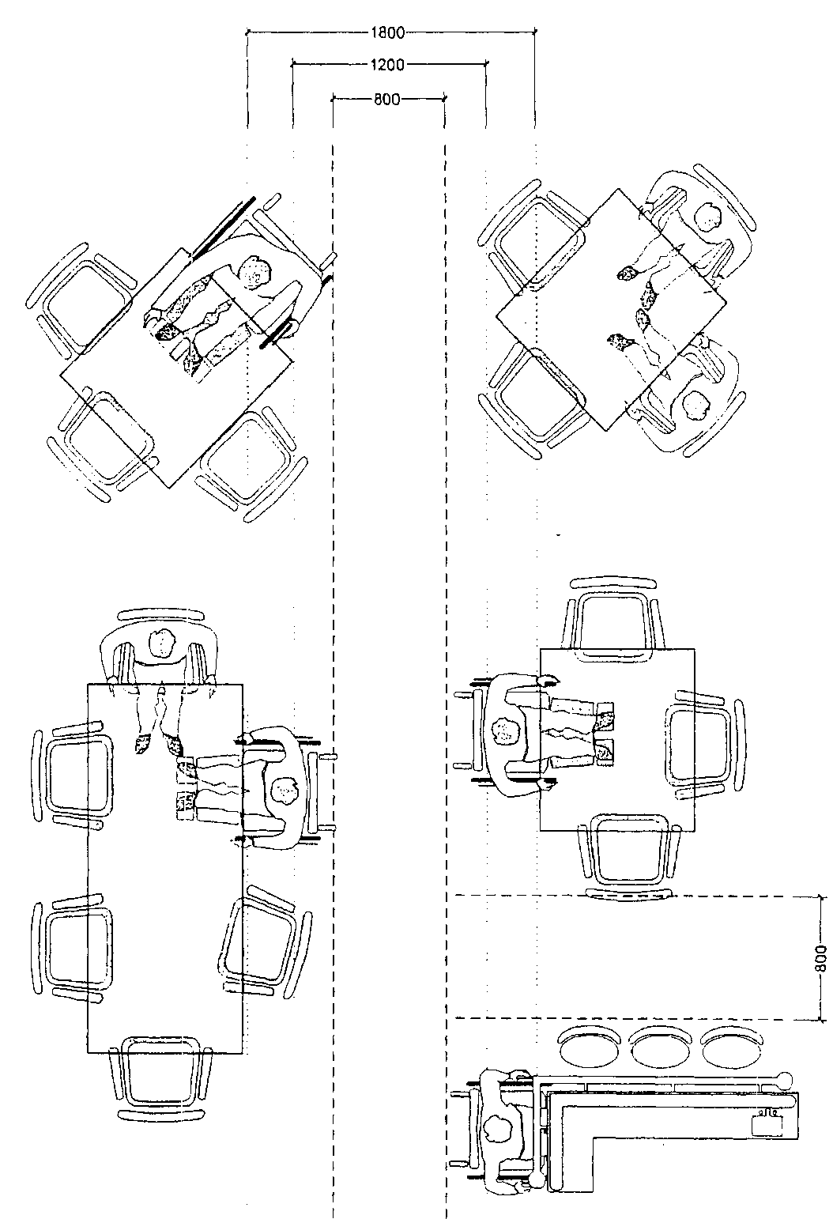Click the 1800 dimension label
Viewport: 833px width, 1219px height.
(388, 33)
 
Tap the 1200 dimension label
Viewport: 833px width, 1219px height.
(387, 66)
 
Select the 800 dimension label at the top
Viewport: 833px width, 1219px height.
(386, 100)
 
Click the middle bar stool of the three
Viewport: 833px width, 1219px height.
(658, 1047)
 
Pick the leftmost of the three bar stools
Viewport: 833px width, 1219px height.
(588, 1046)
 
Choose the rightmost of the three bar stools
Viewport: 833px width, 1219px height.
(730, 1047)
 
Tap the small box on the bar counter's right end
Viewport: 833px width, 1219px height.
(767, 1123)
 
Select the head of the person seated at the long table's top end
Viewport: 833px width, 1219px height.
(163, 643)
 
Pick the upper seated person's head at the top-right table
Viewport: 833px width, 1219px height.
(708, 217)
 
